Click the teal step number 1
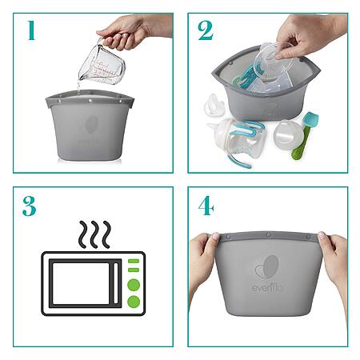point(31,30)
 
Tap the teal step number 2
point(206,30)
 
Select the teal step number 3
point(30,206)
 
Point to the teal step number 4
point(206,206)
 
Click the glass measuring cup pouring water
point(102,62)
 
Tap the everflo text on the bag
point(267,287)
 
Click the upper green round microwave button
point(134,285)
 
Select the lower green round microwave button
point(134,302)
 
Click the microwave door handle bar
point(116,283)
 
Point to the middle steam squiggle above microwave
point(94,234)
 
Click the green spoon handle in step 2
point(300,144)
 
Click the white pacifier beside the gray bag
point(214,105)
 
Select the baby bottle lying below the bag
point(238,142)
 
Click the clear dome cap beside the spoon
point(285,132)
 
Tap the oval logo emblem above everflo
point(267,267)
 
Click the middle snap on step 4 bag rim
point(268,235)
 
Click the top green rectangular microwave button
point(134,261)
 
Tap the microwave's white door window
point(81,283)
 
